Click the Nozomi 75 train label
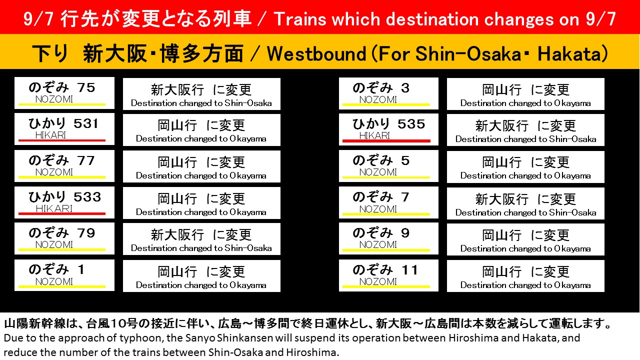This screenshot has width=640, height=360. tap(64, 92)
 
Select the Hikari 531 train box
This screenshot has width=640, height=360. tap(64, 129)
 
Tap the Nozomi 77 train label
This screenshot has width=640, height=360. tap(64, 165)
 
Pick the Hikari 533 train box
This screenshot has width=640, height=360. tap(64, 202)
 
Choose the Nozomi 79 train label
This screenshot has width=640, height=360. tap(64, 238)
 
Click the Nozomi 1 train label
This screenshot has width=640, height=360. tap(64, 275)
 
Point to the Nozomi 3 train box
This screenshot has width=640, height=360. tap(388, 93)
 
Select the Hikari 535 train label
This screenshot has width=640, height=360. tap(388, 129)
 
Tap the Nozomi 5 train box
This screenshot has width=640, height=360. tap(388, 165)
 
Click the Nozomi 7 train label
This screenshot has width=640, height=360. tap(388, 202)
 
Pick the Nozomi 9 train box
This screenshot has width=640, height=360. tap(388, 238)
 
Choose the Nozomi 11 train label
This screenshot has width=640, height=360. tap(388, 275)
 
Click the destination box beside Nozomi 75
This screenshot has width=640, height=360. tap(201, 94)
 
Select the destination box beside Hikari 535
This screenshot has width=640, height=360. tap(525, 130)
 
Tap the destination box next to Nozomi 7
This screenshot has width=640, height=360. tap(525, 203)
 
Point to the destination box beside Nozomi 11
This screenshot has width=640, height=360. tap(525, 276)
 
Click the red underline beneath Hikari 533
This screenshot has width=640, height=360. tap(62, 213)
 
